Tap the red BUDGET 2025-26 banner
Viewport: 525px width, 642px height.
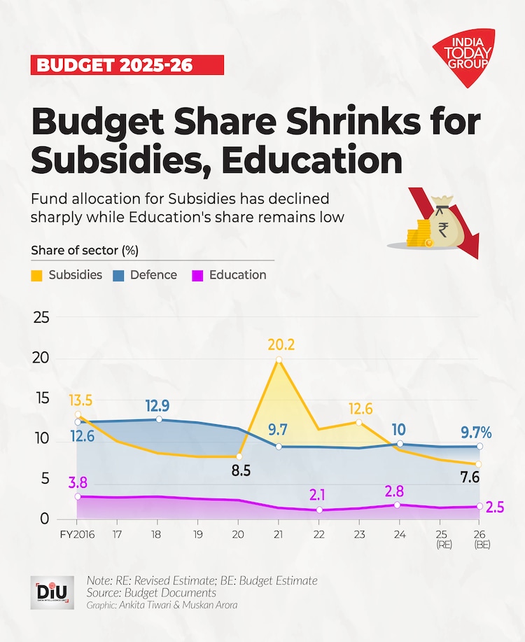[127, 65]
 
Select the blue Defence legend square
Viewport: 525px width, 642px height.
[118, 275]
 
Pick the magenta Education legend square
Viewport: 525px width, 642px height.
[197, 275]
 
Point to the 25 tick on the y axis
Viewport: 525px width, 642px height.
[41, 318]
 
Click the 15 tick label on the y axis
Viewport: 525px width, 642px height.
[41, 398]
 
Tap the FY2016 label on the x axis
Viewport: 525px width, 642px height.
[76, 533]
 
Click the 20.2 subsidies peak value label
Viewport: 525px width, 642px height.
[280, 344]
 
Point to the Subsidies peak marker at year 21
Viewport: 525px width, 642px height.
[279, 360]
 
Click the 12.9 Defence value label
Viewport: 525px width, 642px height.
[159, 405]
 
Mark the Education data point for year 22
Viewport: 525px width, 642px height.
[319, 510]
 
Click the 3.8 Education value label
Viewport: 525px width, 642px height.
[78, 482]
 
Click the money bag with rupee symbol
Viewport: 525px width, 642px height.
[442, 224]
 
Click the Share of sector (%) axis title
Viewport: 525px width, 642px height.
[83, 250]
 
